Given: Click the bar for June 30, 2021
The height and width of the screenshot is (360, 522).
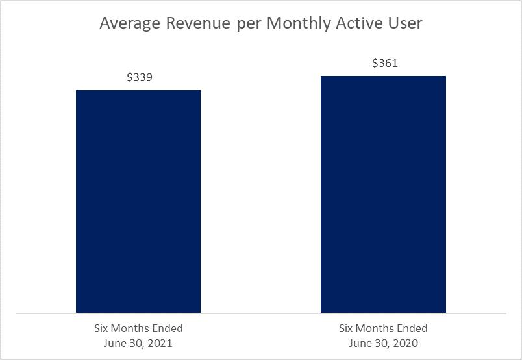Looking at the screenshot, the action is coord(138,201).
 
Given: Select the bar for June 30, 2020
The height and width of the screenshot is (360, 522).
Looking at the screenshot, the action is coord(383,195).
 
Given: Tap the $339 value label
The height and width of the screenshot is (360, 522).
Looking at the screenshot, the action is coord(140,77).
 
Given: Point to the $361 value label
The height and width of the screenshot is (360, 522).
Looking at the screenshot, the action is coord(385,63).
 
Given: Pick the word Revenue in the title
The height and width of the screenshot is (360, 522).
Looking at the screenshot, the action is coord(199,23).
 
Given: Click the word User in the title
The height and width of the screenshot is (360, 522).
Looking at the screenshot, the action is coord(405,23).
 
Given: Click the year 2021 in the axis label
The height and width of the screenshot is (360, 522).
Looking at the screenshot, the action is coord(160,343).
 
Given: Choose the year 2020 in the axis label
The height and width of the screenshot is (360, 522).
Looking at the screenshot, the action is coord(406,343).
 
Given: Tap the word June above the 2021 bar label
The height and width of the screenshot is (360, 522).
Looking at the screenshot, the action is coord(114,343).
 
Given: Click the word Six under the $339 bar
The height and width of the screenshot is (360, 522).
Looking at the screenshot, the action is coord(101,328).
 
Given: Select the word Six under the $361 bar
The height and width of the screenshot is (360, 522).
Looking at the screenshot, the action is coord(345,328).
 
